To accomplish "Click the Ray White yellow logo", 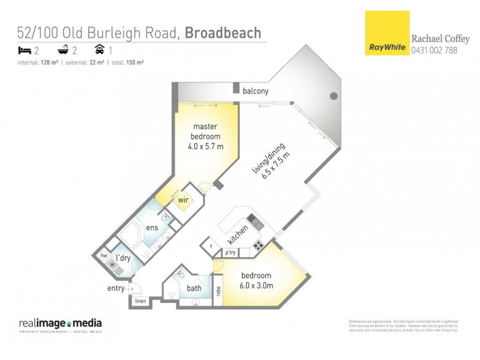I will pos(386,33).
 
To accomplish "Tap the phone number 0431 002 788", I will pos(434,51).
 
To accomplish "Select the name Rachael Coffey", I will pos(440,38).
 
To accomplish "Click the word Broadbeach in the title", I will pos(223,32).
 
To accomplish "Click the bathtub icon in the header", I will pos(62,50).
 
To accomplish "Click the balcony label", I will pos(256,91).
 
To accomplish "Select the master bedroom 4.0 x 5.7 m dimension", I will pos(205,146).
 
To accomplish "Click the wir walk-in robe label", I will pos(183,200).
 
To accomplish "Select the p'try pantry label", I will pos(230,253).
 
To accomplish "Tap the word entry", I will pos(116,289).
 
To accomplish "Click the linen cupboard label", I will pos(140,301).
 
